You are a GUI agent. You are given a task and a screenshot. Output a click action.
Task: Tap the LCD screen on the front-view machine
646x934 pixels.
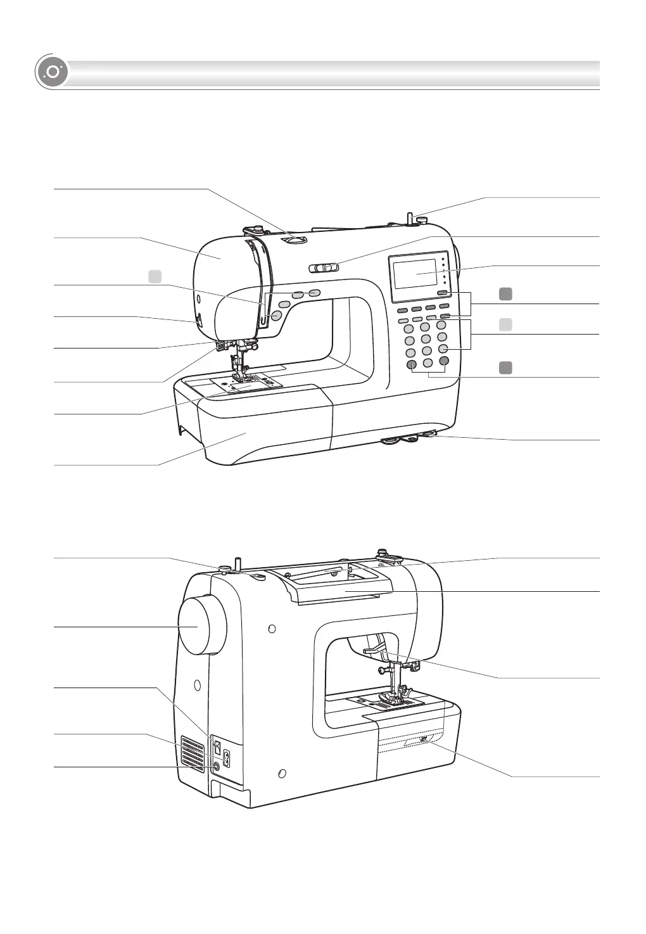[416, 273]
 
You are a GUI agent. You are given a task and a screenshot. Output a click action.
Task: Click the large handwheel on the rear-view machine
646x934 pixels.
[201, 627]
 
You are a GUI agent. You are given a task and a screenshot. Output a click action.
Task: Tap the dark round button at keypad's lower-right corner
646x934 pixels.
[444, 361]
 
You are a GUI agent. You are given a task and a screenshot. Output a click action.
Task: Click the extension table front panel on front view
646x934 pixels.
[266, 431]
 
